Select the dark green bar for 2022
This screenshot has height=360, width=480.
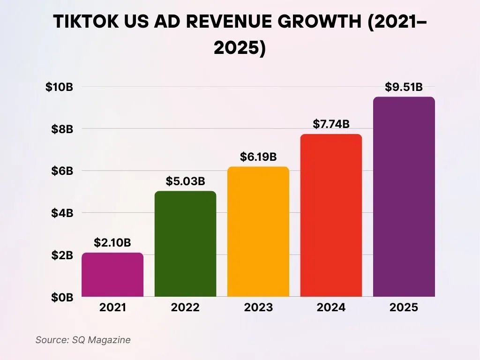(x=185, y=244)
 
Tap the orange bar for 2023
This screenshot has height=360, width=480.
(x=258, y=232)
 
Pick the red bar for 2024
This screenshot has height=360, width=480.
(x=331, y=215)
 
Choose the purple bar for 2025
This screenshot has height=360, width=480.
(x=404, y=197)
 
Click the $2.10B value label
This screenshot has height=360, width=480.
(x=112, y=243)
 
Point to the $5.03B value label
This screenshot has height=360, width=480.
(x=185, y=181)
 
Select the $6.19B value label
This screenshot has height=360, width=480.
(x=258, y=157)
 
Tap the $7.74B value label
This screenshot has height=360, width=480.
(x=331, y=124)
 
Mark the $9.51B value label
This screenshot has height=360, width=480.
(x=404, y=87)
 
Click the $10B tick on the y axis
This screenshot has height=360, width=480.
(x=59, y=87)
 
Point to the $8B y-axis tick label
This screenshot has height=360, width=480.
(x=62, y=129)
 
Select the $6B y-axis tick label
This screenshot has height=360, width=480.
(x=62, y=171)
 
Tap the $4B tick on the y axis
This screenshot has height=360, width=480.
(x=62, y=213)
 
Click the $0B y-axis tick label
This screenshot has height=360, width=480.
(x=62, y=297)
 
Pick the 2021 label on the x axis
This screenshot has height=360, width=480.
(x=112, y=308)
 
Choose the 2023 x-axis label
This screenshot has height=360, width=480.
(x=258, y=308)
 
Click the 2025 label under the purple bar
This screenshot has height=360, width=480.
(x=404, y=308)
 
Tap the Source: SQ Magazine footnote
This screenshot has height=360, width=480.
(x=83, y=340)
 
